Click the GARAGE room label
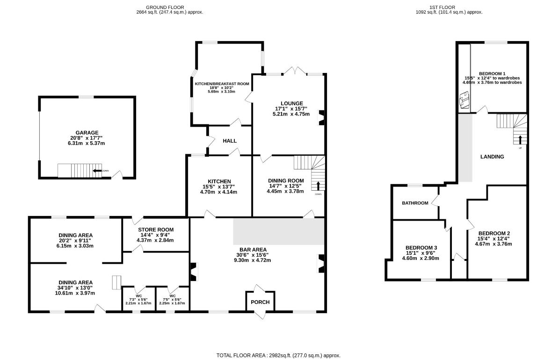87,133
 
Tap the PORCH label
261,302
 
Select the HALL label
230,141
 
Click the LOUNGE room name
292,103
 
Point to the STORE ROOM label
156,230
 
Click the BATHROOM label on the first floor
415,203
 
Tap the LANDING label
492,157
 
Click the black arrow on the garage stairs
97,171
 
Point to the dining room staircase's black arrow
319,186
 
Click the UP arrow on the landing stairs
520,139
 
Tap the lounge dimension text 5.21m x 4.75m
291,114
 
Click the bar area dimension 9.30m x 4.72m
252,260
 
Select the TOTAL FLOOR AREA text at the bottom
278,355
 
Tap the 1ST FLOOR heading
442,7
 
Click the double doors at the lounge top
295,71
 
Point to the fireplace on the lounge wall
321,118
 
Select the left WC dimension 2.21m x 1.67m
138,303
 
